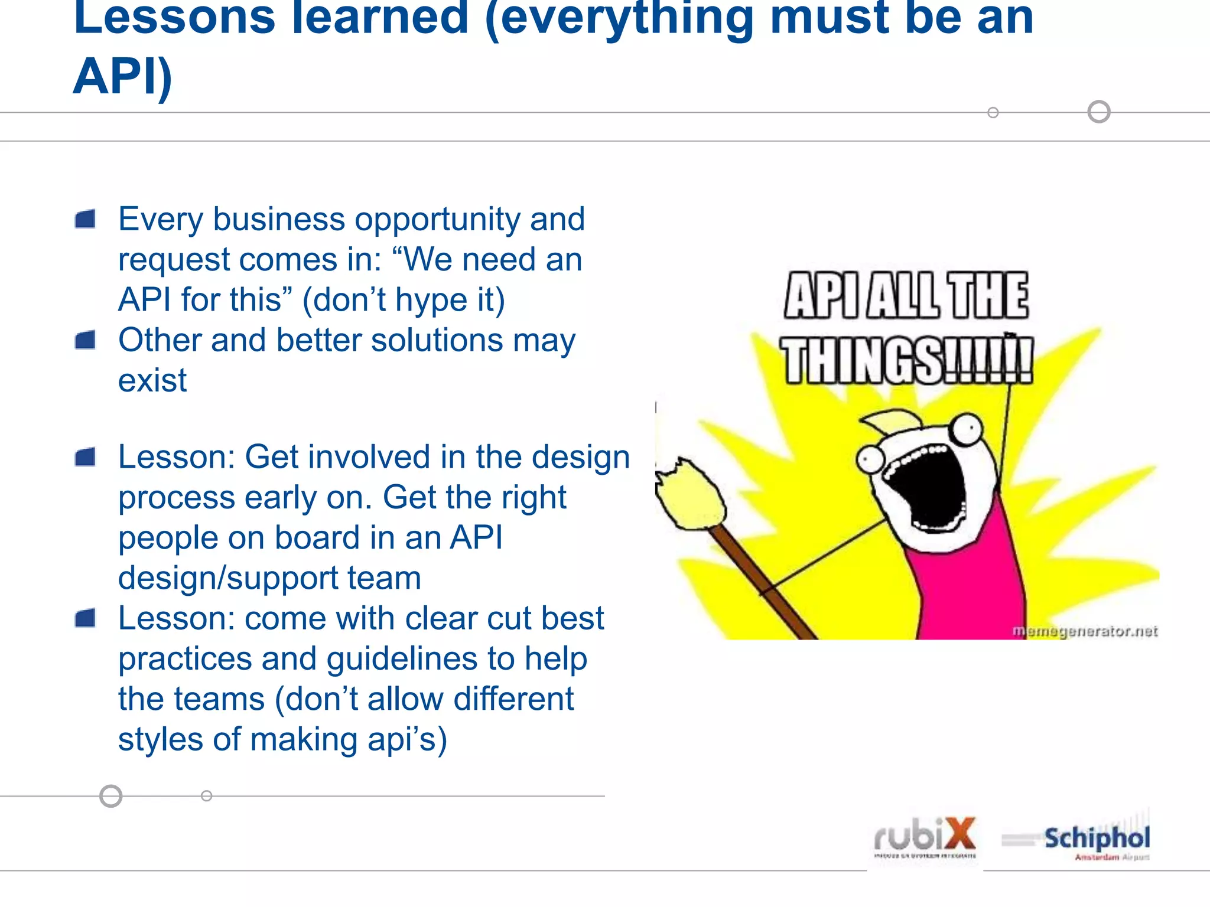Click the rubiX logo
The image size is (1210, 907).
pos(925,837)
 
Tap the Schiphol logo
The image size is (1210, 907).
pos(1097,839)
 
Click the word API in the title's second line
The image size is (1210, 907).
pos(122,77)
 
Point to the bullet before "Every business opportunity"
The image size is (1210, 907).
pos(86,219)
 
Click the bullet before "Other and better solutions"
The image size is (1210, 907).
pos(86,340)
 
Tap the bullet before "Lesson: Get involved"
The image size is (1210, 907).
pos(86,457)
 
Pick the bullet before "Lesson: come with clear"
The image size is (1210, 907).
pos(86,618)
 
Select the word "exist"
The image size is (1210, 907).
pos(152,380)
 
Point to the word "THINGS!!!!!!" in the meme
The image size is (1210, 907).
pos(907,360)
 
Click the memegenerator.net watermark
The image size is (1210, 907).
pos(1085,631)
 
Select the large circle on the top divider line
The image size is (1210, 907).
pos(1099,112)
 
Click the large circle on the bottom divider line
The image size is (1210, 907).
pos(110,796)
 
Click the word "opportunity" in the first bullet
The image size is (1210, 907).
pos(438,220)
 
